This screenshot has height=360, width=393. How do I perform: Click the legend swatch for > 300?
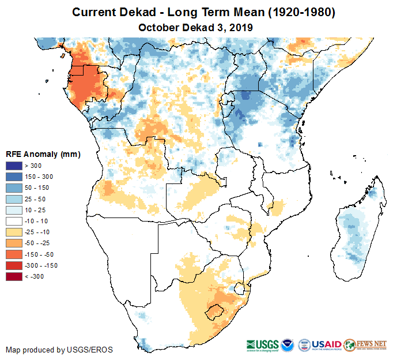pyautogui.click(x=14, y=166)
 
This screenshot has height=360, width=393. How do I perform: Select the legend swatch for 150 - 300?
pyautogui.click(x=14, y=177)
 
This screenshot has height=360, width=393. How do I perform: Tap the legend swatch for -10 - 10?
pyautogui.click(x=14, y=221)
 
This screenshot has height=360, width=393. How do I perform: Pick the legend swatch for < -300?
pyautogui.click(x=14, y=276)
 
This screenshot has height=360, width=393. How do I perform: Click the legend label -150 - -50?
pyautogui.click(x=43, y=254)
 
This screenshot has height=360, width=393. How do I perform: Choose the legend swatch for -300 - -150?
pyautogui.click(x=14, y=265)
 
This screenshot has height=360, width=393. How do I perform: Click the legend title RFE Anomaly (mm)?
pyautogui.click(x=43, y=155)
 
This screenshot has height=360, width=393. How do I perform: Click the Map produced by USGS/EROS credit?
pyautogui.click(x=59, y=350)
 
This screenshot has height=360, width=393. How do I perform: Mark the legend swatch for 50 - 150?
pyautogui.click(x=14, y=188)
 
